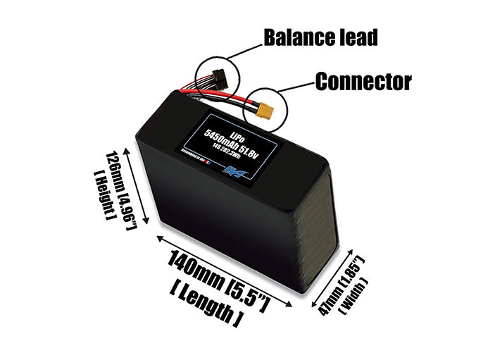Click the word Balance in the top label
pos(294,37)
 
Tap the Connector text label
pos(363,82)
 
